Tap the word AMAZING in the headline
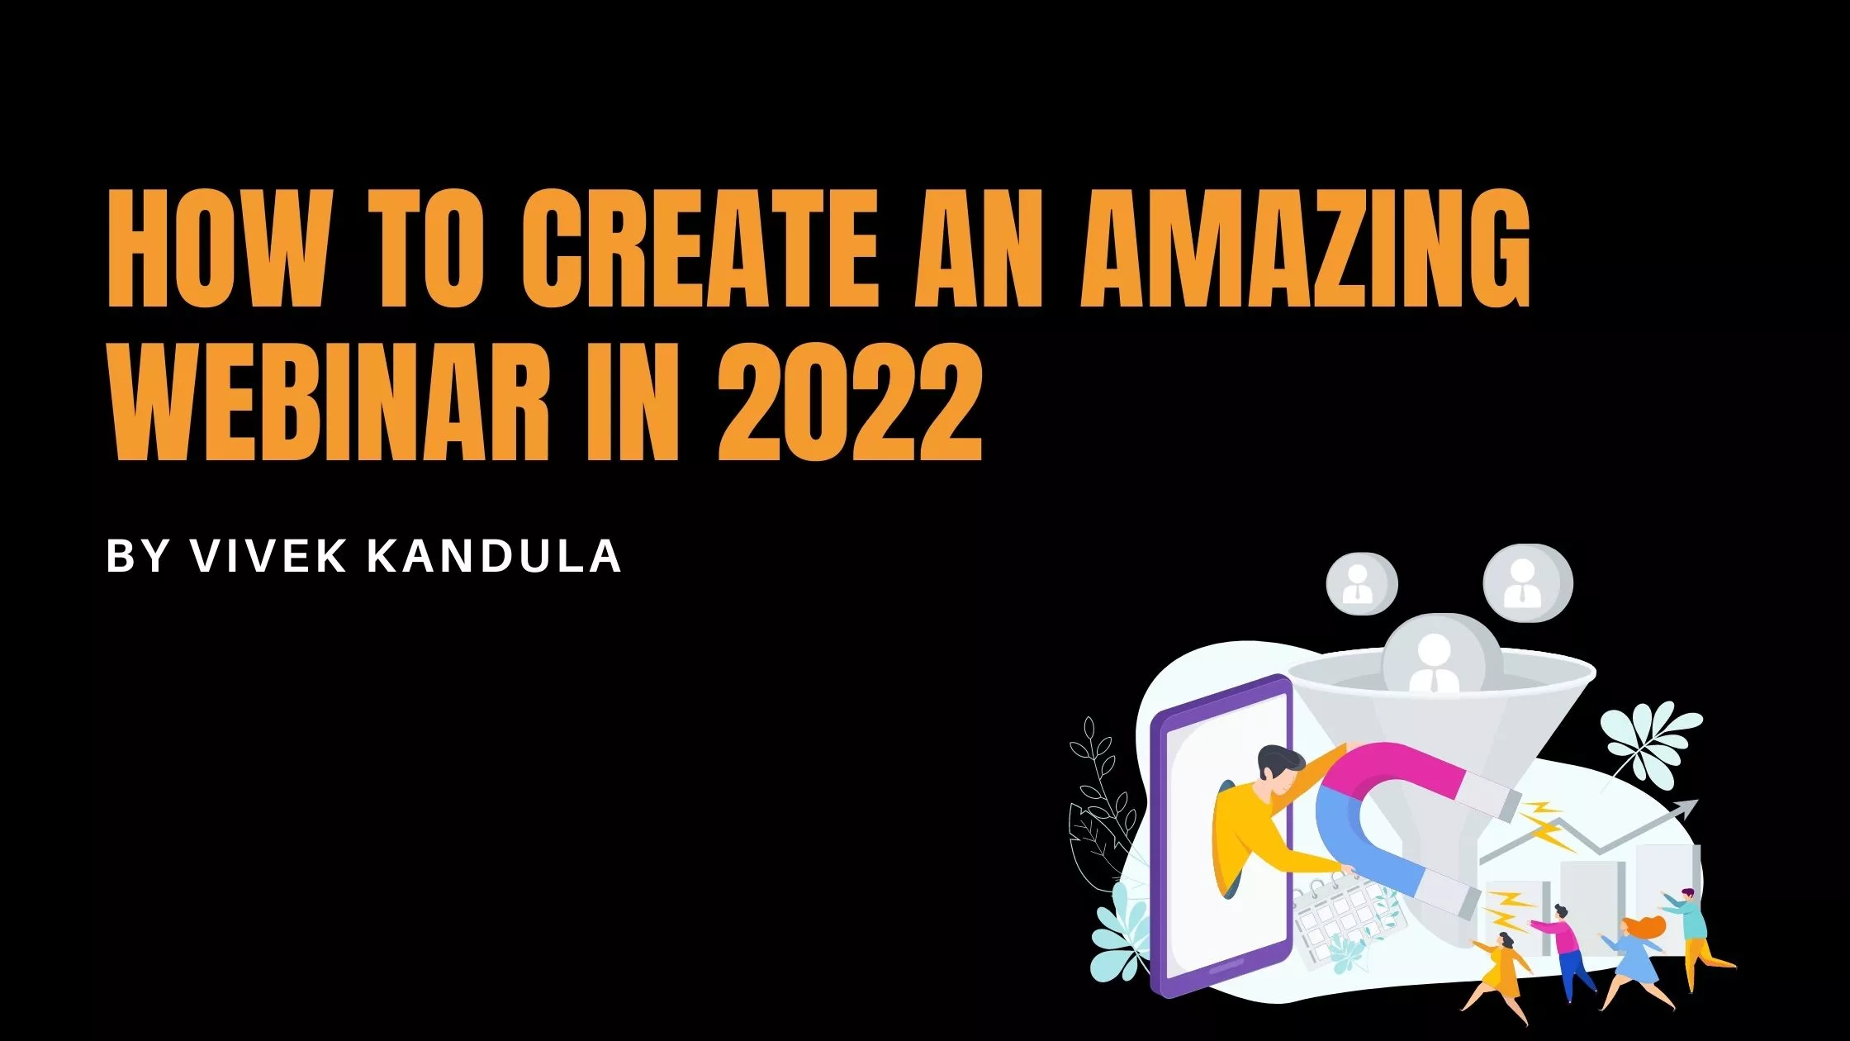pos(1306,249)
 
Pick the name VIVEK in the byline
pos(268,555)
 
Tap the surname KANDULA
pos(494,555)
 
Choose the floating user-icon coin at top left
pos(1361,583)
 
